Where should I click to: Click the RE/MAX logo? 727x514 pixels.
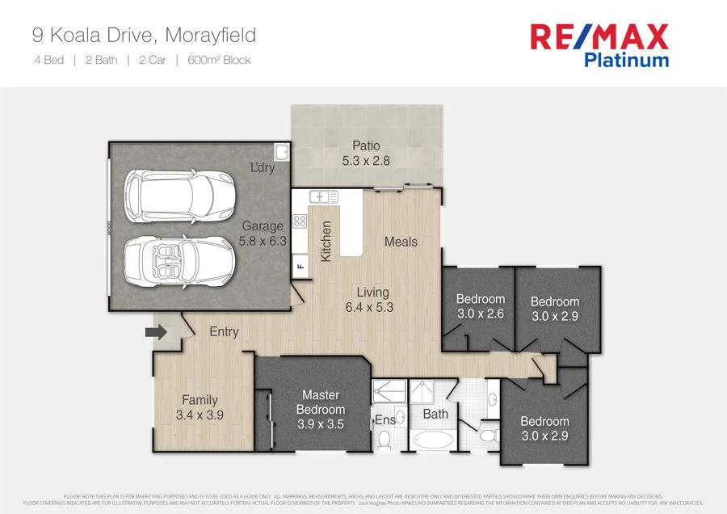[x=599, y=36]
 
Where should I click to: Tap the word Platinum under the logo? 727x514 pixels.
[x=626, y=60]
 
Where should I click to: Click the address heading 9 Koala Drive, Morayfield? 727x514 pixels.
[x=144, y=35]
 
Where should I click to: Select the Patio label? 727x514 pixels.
[x=366, y=146]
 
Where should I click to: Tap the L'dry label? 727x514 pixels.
[x=262, y=168]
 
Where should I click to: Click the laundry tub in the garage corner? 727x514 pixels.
[x=281, y=153]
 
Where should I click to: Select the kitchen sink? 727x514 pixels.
[x=322, y=196]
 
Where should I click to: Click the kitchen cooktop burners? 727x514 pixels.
[x=299, y=220]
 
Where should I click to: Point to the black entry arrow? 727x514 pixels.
[x=155, y=331]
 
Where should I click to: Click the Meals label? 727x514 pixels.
[x=401, y=242]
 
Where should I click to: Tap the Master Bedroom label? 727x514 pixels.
[x=321, y=402]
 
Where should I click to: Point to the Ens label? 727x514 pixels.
[x=385, y=420]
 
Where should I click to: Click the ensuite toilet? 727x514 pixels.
[x=385, y=440]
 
